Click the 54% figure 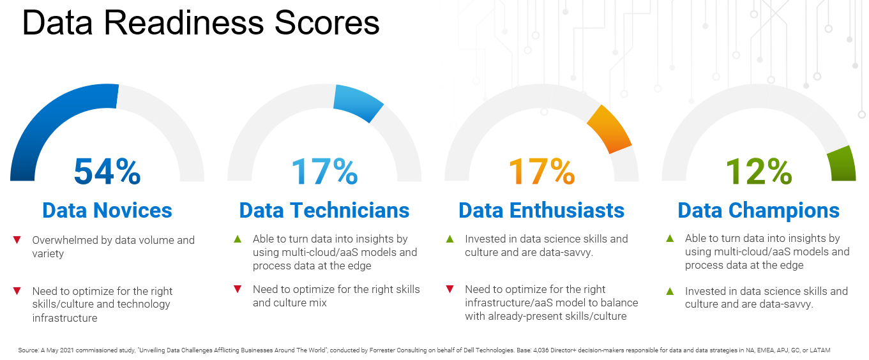(x=107, y=171)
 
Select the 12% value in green (x=759, y=171)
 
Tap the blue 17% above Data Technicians (x=324, y=171)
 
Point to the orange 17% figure (x=541, y=171)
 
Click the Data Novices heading (x=107, y=210)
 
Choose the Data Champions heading (x=759, y=210)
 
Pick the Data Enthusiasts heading (x=541, y=210)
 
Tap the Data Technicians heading (x=324, y=210)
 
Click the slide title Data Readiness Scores (x=201, y=23)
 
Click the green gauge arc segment (x=842, y=163)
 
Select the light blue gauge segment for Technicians (x=358, y=101)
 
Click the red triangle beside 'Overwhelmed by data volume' (x=17, y=240)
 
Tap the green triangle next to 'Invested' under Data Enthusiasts (x=450, y=239)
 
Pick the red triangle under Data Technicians (x=238, y=289)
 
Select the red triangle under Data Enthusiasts (x=450, y=289)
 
